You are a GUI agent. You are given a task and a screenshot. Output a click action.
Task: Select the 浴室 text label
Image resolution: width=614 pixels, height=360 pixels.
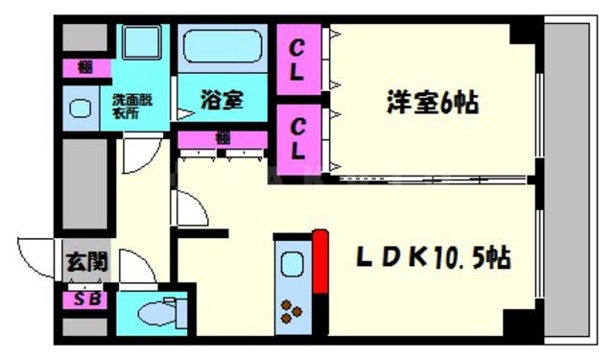pos(220,99)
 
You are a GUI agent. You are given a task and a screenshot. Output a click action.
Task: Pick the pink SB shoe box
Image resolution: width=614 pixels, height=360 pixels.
pos(85,300)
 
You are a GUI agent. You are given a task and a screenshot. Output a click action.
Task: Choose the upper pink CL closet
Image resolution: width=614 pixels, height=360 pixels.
pos(298,60)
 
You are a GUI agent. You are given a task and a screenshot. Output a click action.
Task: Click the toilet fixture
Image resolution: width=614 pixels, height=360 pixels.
pos(158,312)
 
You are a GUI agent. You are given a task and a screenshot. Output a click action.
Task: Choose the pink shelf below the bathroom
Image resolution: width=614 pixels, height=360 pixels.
pos(224,138)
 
